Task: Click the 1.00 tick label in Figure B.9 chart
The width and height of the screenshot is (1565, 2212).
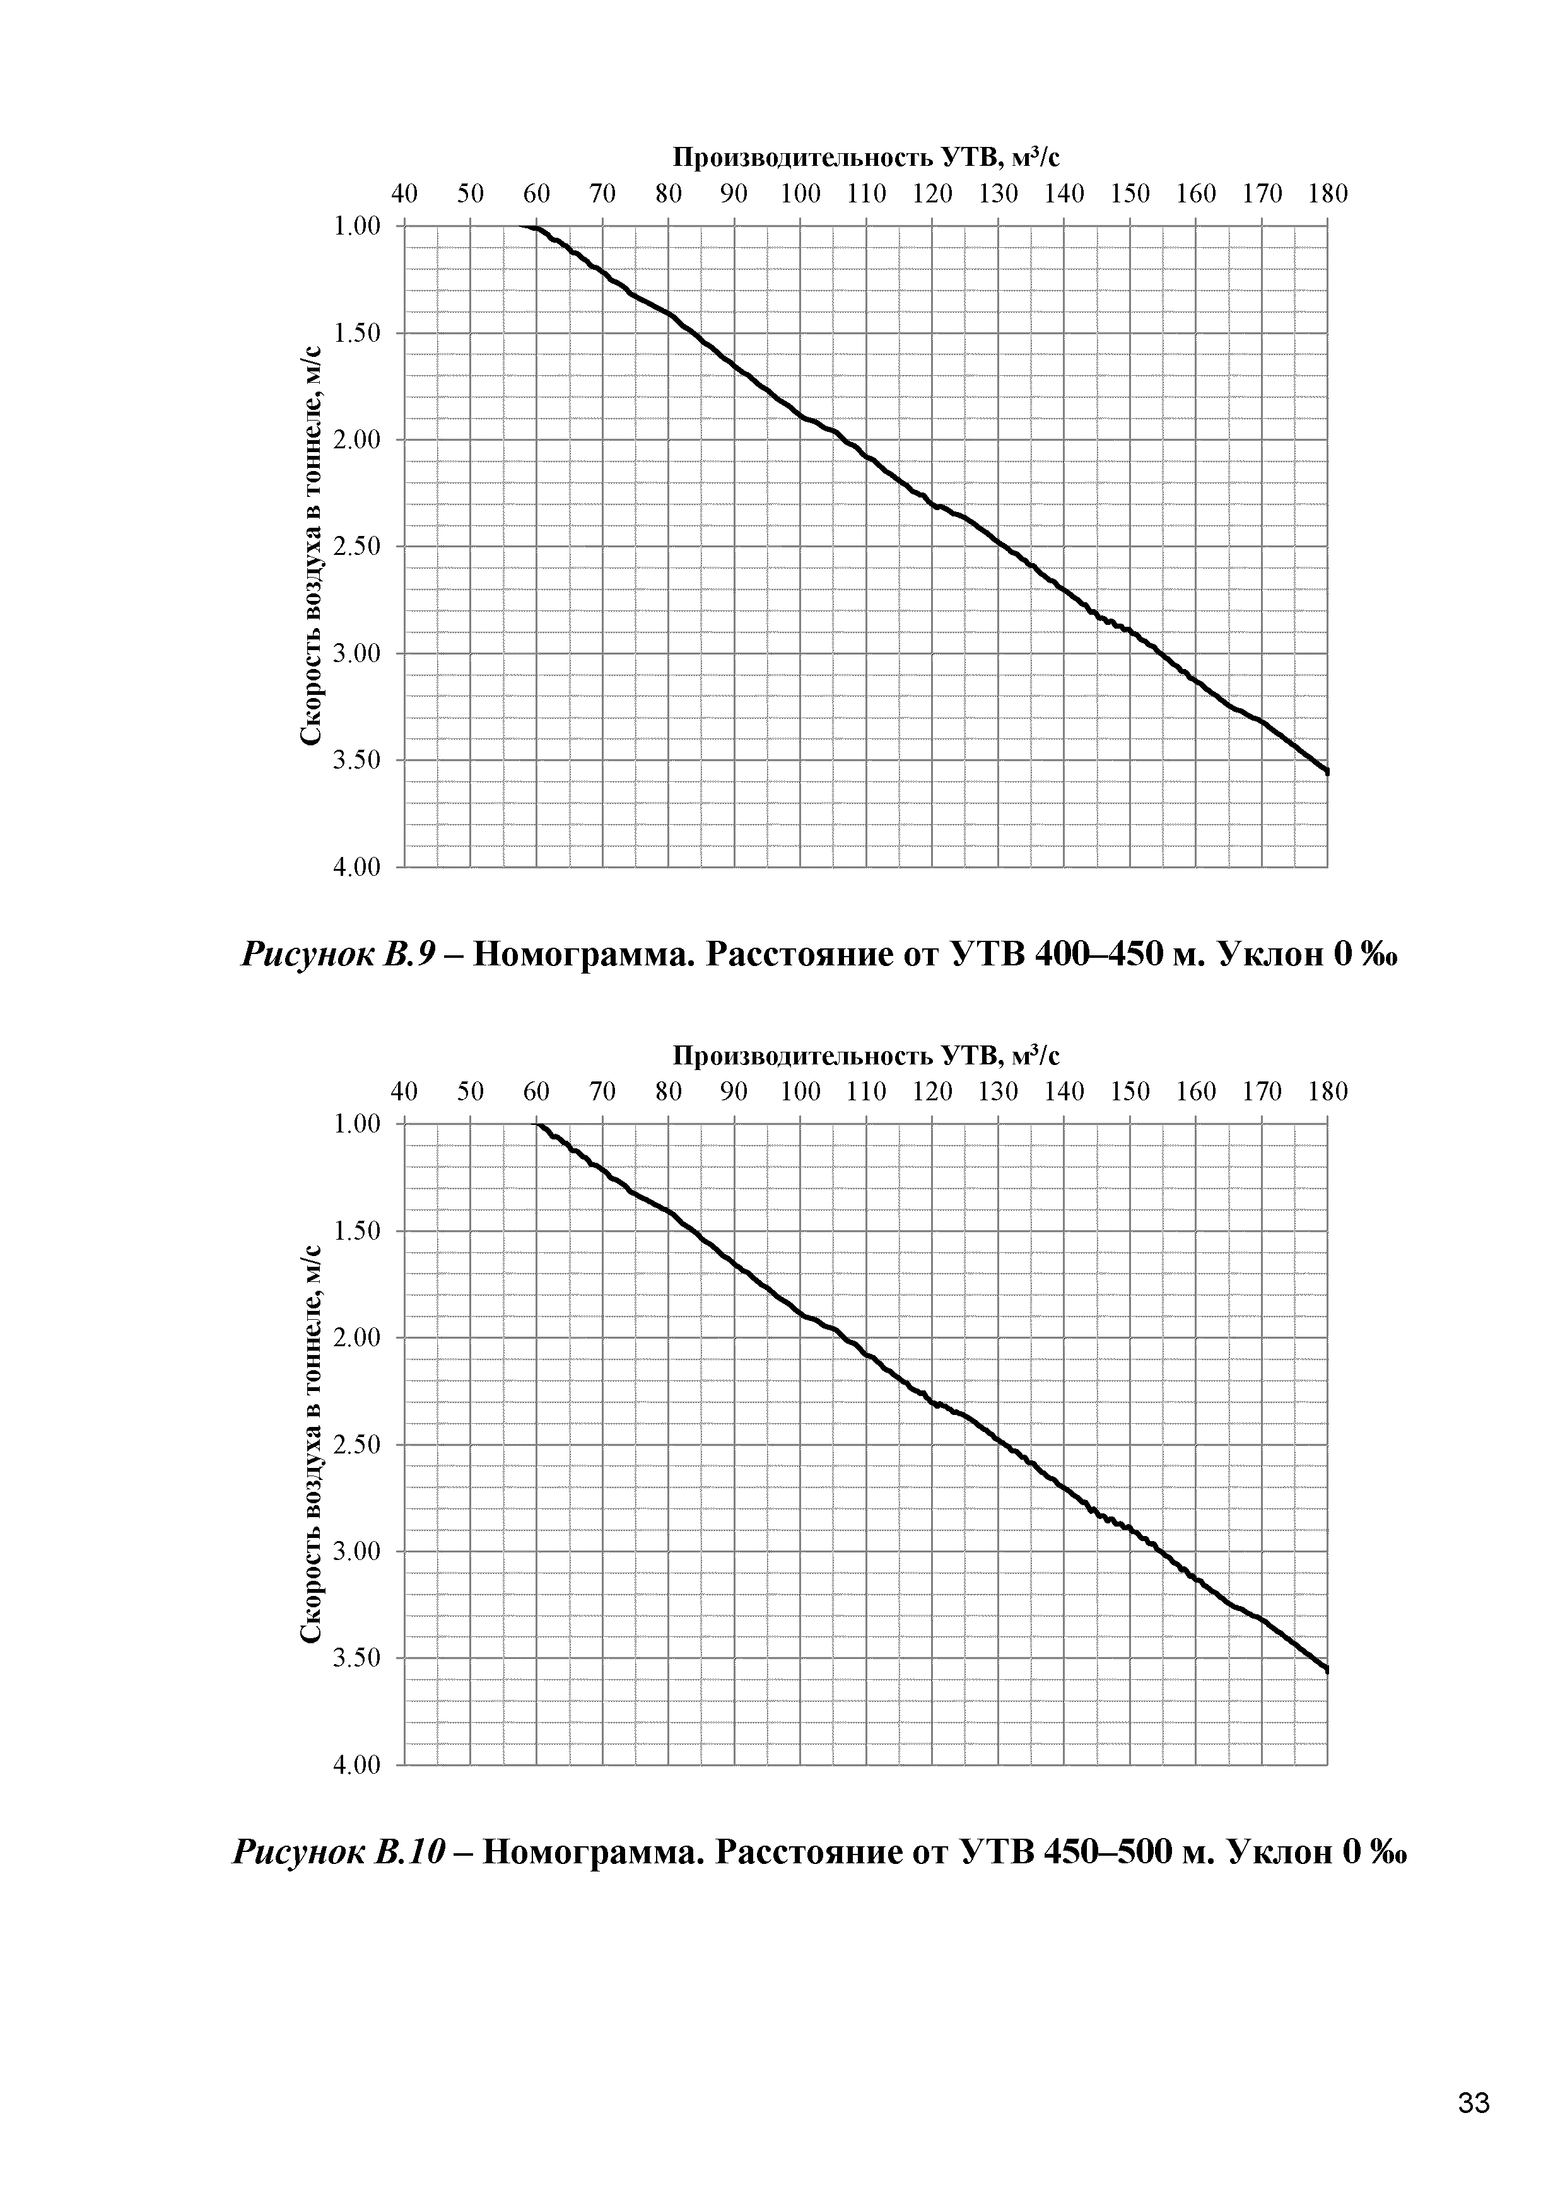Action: click(x=356, y=226)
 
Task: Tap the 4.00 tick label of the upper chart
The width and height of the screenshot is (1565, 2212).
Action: click(x=356, y=868)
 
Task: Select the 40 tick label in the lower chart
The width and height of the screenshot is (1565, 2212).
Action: click(x=405, y=1091)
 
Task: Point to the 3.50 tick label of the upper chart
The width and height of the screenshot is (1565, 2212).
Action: click(x=356, y=761)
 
